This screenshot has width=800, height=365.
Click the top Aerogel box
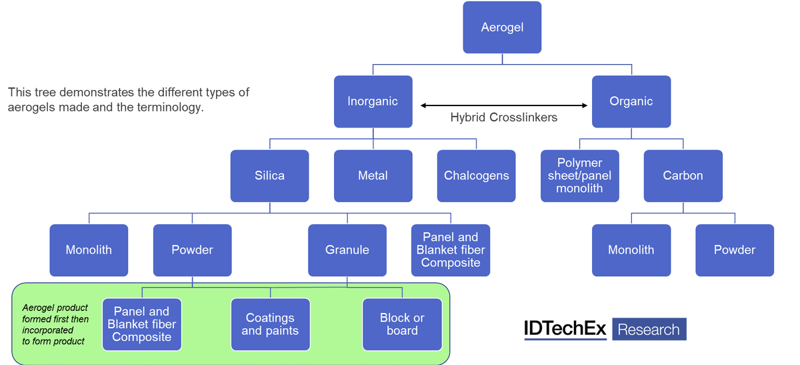pos(502,27)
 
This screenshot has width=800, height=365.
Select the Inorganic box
pos(373,101)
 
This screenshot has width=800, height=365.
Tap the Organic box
pos(631,101)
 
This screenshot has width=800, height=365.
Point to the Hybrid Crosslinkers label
pos(503,117)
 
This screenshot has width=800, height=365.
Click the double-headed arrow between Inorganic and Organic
pos(503,105)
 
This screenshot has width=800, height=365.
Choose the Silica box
pos(269,175)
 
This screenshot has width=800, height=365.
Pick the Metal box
pos(373,175)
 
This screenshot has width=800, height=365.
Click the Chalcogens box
pos(476,175)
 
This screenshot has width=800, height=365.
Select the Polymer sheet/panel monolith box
pos(579,175)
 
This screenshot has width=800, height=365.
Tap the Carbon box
pos(683,175)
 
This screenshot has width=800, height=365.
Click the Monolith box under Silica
pos(89,250)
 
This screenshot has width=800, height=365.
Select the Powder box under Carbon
pos(734,250)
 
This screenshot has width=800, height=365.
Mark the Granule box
pos(347,250)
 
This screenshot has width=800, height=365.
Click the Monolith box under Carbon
pos(631,250)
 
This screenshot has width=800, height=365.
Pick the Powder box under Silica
pos(192,250)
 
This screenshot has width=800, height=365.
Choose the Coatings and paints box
pos(270,324)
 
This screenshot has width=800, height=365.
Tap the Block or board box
pos(402,324)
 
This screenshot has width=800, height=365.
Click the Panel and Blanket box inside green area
pos(141,324)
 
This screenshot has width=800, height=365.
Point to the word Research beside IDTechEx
pos(648,330)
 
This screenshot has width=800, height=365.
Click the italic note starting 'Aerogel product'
pos(55,324)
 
